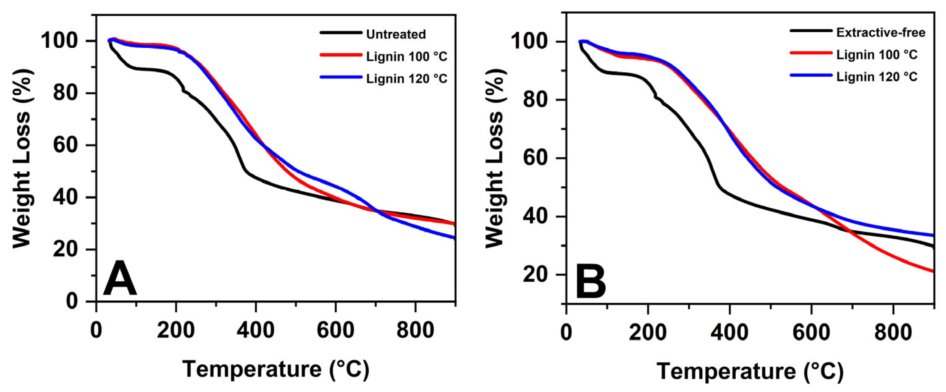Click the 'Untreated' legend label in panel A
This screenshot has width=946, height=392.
396,34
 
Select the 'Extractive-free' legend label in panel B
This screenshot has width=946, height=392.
881,33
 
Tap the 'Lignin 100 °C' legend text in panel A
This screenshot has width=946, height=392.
406,57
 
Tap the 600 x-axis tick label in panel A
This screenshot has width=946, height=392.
335,330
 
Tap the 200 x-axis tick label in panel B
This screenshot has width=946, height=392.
648,332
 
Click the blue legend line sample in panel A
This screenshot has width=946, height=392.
340,78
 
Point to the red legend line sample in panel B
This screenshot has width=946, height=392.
811,53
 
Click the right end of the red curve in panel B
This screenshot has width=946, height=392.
933,271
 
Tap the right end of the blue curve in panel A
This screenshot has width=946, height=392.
454,238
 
